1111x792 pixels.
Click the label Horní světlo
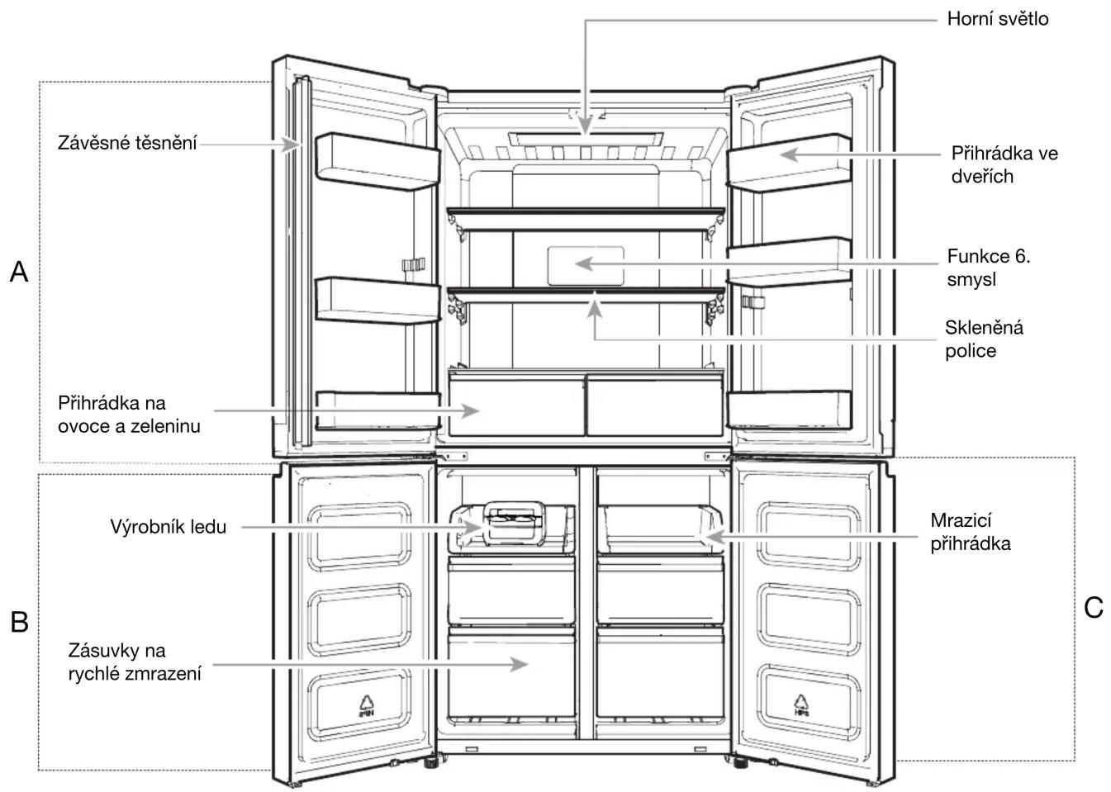[x=997, y=19]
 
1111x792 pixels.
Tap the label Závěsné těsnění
[x=127, y=143]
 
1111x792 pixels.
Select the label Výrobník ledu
[x=169, y=527]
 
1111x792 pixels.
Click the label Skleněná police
[x=984, y=339]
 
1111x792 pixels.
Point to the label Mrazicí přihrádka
[x=970, y=532]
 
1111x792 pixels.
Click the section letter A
[x=19, y=272]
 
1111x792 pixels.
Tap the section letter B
[x=19, y=622]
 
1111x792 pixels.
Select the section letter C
[x=1093, y=607]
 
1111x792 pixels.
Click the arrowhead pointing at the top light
[x=586, y=125]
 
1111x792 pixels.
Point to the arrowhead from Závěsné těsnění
[x=291, y=145]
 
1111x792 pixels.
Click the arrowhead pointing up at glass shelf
[x=595, y=309]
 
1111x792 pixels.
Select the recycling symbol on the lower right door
[x=801, y=705]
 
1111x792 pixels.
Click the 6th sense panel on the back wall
[x=586, y=266]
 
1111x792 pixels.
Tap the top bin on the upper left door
[x=377, y=162]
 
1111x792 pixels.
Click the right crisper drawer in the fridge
[x=655, y=405]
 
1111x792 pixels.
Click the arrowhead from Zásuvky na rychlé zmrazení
[x=519, y=665]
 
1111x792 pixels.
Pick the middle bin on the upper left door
[x=377, y=301]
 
